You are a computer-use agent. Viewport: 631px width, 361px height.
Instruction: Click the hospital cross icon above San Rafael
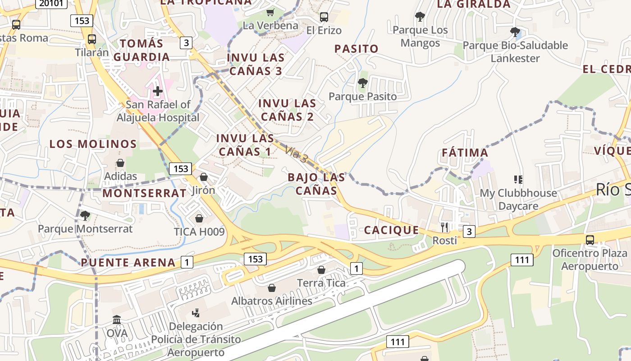(157, 92)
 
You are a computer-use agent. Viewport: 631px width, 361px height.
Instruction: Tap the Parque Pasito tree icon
(362, 83)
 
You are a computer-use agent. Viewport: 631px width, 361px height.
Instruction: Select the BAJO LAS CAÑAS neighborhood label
(316, 184)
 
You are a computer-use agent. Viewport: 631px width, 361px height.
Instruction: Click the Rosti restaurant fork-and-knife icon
(444, 227)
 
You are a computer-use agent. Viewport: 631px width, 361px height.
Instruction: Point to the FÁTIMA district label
(465, 153)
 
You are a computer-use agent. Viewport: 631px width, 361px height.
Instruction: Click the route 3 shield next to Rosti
(469, 231)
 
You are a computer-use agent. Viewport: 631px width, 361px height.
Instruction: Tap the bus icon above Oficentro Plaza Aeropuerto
(590, 240)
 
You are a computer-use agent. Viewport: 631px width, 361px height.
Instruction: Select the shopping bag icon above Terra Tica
(321, 270)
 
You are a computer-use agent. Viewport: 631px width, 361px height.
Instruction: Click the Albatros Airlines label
(272, 301)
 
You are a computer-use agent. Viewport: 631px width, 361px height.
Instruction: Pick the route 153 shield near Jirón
(181, 169)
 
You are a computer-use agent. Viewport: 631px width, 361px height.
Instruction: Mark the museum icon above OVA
(117, 320)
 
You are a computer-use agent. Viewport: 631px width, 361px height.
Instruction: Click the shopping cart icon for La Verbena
(270, 12)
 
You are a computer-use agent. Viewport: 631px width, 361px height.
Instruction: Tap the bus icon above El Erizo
(324, 17)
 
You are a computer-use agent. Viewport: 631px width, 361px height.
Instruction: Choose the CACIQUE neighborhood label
(391, 230)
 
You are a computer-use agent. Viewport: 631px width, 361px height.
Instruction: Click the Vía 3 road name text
(296, 155)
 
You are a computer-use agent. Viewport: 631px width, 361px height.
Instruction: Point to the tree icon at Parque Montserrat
(85, 215)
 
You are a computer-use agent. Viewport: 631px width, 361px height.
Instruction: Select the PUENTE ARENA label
(128, 263)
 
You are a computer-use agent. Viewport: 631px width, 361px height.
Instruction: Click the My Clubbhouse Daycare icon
(518, 180)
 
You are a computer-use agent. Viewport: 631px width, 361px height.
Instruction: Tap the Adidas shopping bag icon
(120, 162)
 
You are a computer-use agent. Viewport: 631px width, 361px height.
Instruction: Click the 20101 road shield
(51, 4)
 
